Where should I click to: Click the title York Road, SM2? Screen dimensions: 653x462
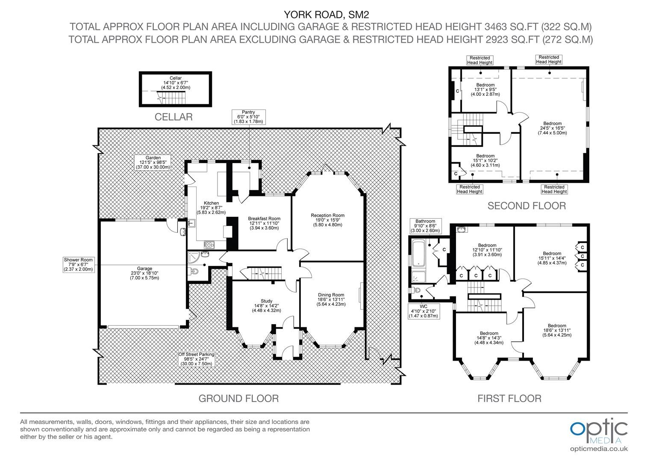click(326, 14)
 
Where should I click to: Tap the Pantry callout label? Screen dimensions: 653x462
click(248, 117)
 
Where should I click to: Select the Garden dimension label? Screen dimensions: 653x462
click(153, 163)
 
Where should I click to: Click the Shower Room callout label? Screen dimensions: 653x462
click(78, 264)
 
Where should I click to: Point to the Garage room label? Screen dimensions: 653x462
click(144, 273)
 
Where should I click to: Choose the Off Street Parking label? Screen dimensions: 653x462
click(197, 359)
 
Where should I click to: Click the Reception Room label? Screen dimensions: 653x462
click(328, 220)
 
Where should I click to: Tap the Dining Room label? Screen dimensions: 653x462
click(331, 299)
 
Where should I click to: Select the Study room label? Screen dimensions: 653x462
click(266, 305)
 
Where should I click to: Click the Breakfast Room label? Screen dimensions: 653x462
click(264, 223)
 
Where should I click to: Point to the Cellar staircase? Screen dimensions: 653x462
click(171, 98)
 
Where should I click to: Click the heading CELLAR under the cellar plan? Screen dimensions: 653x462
click(174, 117)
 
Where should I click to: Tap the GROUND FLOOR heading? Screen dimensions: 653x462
click(238, 398)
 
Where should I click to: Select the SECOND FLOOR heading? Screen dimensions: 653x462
click(527, 206)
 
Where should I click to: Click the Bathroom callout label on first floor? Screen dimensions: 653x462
click(425, 226)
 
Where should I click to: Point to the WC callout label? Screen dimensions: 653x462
click(424, 311)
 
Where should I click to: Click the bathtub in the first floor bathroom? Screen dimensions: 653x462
click(419, 253)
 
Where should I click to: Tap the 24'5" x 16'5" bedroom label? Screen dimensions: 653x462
click(553, 128)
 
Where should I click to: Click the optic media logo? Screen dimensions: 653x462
click(599, 432)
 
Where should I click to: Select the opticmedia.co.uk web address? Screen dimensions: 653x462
click(599, 449)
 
